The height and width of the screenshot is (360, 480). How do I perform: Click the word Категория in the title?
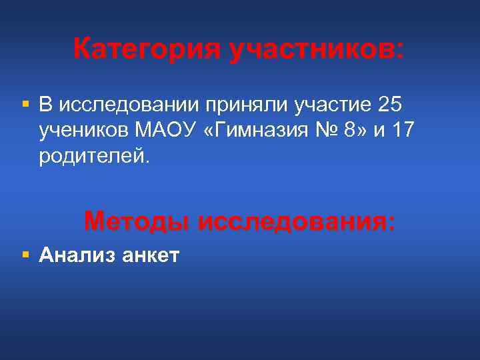[x=147, y=49]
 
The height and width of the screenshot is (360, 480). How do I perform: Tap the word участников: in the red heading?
[x=317, y=49]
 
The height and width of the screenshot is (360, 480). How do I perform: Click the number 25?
[x=390, y=105]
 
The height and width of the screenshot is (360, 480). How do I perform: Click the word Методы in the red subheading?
[x=136, y=221]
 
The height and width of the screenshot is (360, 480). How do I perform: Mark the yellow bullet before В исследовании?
[x=25, y=105]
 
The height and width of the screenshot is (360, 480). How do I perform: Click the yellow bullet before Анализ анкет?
[x=25, y=253]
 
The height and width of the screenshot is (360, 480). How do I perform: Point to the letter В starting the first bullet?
[x=45, y=105]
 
